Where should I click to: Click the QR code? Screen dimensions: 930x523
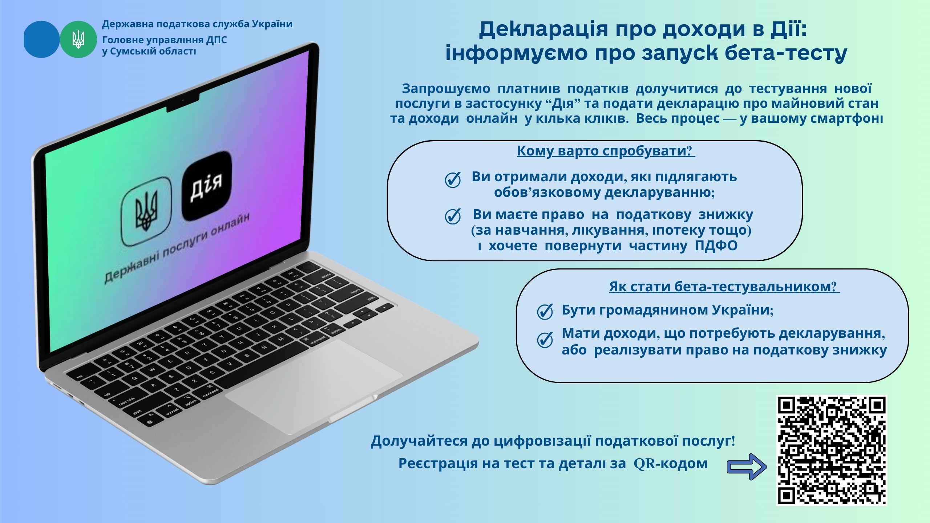[832, 450]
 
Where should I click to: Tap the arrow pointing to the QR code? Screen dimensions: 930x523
[747, 467]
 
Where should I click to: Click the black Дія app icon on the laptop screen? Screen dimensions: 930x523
[206, 186]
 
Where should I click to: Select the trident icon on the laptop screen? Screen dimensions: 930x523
[146, 211]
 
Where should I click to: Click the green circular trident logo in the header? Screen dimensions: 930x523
[78, 39]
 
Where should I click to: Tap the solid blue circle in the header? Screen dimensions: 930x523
[41, 39]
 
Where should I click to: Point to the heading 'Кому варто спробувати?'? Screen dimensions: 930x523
[606, 151]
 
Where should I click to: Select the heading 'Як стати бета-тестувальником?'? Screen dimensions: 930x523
[724, 287]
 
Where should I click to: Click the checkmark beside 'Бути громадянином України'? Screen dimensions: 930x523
[545, 312]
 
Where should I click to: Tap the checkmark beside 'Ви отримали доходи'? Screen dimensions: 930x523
[453, 180]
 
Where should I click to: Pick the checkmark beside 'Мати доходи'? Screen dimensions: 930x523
[545, 340]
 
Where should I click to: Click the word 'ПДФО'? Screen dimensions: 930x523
[716, 246]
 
